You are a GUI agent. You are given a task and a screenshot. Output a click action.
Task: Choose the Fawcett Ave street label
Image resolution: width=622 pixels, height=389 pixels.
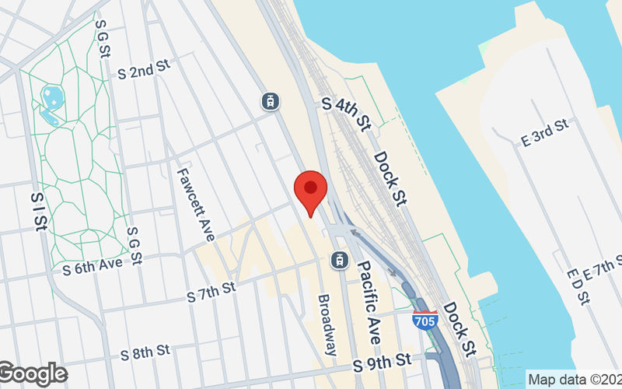[x=195, y=205]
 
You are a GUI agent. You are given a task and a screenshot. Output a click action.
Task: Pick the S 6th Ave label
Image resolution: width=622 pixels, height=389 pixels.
[x=93, y=265]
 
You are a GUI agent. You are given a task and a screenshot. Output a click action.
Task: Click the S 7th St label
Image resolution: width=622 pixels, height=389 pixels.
[x=211, y=294]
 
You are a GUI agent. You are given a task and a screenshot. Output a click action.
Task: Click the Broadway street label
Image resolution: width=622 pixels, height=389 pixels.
[x=328, y=324]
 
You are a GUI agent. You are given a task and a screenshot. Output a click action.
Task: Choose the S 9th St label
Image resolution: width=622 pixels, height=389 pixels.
[x=381, y=362]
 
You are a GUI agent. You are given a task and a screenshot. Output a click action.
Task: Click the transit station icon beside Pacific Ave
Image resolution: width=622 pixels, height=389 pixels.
[x=339, y=259]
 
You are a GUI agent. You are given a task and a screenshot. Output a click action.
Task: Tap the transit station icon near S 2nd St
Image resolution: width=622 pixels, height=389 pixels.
[x=270, y=100]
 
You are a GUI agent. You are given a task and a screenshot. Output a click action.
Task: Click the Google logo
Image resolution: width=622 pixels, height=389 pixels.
[x=33, y=374]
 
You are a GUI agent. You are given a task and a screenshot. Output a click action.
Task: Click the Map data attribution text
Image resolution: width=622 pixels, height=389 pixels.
[x=574, y=380]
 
